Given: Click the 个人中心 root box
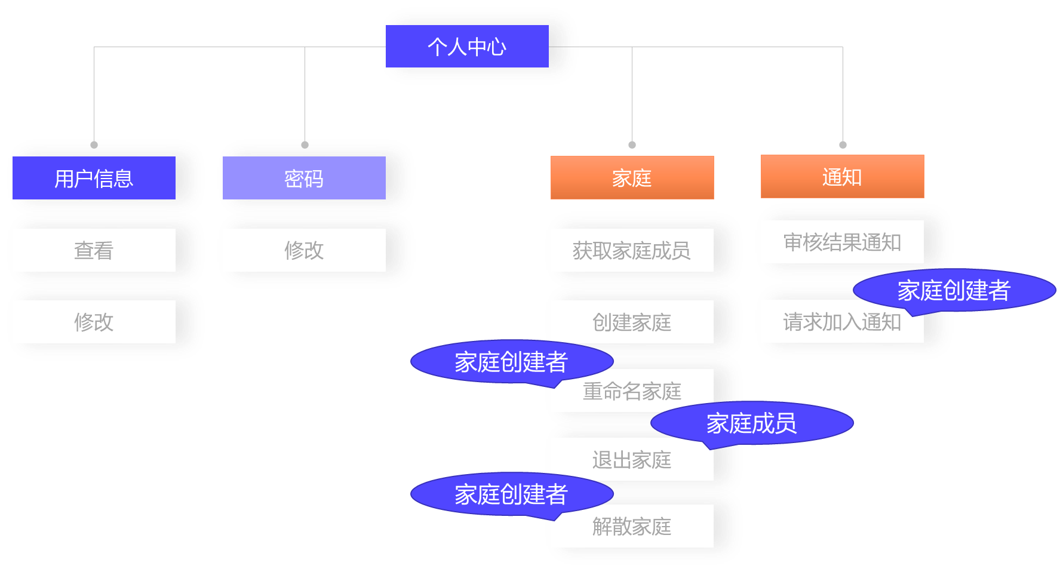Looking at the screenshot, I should (x=467, y=47).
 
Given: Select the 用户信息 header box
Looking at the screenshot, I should (x=94, y=178).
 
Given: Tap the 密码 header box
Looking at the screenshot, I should (x=304, y=178).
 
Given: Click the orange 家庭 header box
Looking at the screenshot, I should (x=632, y=178).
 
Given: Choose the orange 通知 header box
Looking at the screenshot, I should (x=842, y=177).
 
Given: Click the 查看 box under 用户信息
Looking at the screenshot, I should (x=94, y=250).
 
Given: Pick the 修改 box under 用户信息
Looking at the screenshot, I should (x=94, y=322).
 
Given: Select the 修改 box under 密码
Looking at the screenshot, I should (x=304, y=250).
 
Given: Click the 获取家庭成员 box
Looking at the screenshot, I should (x=632, y=250).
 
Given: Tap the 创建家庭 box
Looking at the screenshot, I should (x=632, y=322).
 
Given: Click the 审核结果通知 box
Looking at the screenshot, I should (x=842, y=242).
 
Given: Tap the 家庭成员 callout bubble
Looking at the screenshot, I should (x=752, y=423).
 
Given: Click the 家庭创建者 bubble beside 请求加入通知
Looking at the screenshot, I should (x=954, y=290).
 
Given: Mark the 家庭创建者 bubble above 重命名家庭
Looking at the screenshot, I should (x=511, y=362).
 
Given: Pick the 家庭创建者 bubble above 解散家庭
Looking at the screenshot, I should (x=511, y=494).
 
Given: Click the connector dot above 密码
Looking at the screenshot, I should (x=305, y=145).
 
